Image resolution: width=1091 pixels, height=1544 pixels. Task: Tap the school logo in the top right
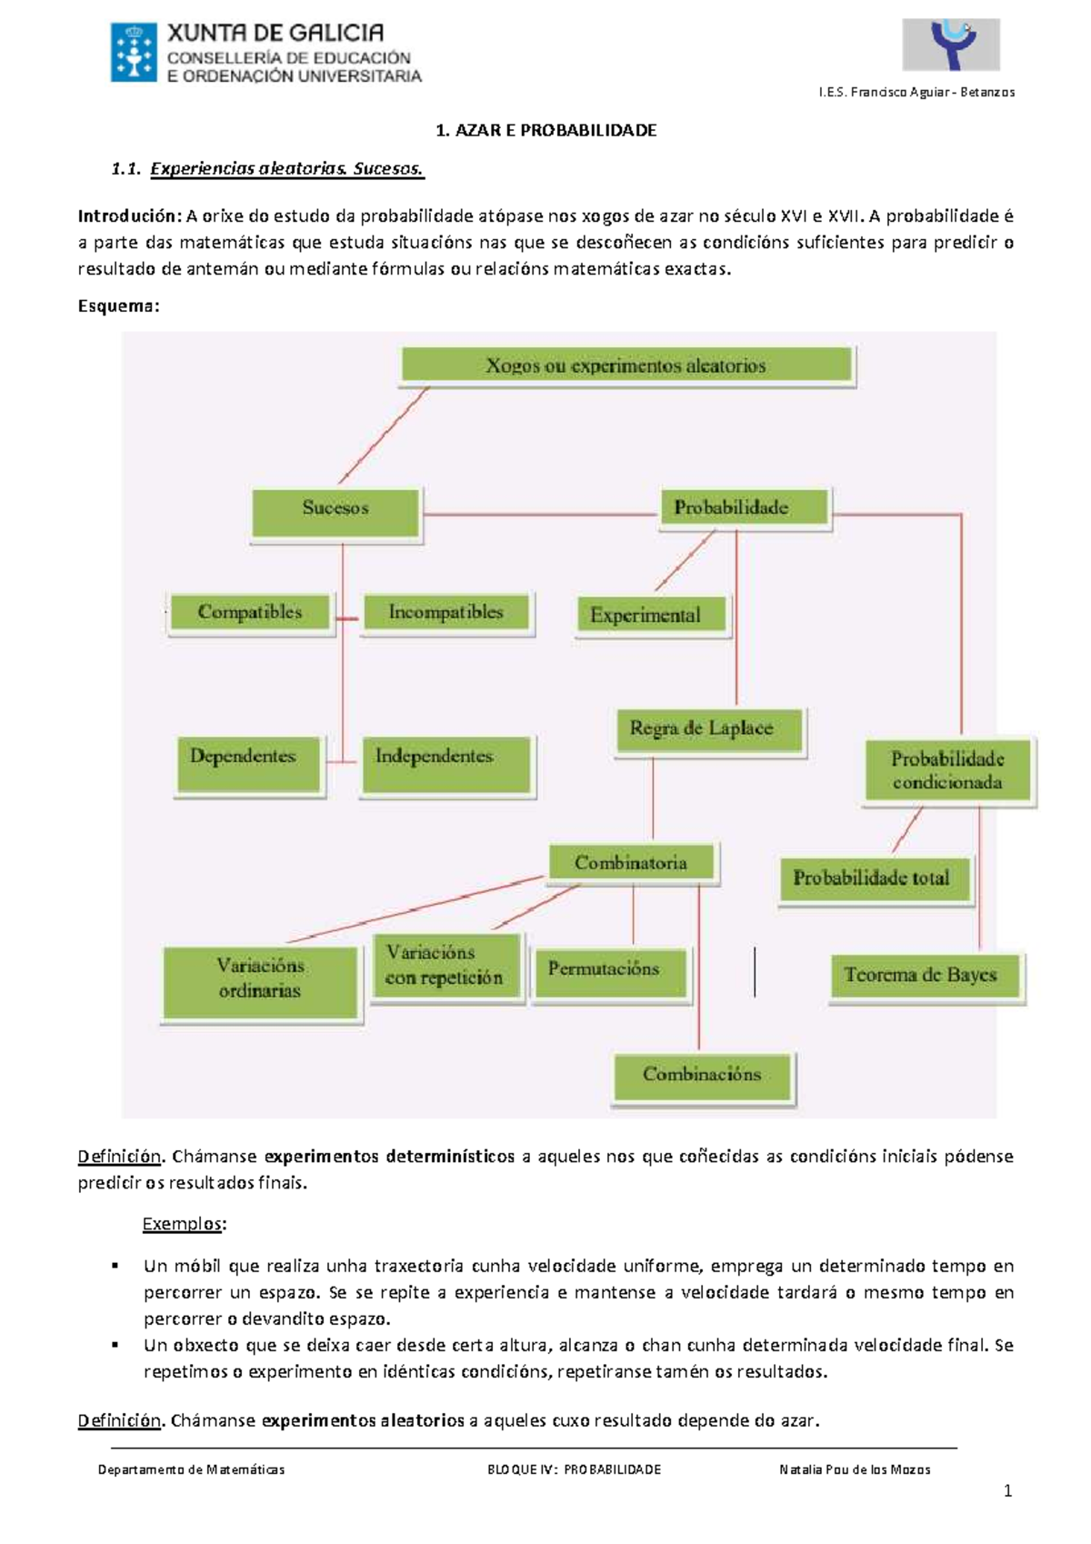[951, 45]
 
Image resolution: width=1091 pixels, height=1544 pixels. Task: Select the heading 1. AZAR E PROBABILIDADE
[545, 130]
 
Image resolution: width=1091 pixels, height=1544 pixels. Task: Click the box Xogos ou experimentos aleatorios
[626, 366]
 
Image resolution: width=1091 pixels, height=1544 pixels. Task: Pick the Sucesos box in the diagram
[335, 509]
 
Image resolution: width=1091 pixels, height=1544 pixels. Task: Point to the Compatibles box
[250, 612]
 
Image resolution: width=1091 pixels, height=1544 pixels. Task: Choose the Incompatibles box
[445, 612]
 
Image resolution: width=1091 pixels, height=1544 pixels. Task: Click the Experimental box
[646, 615]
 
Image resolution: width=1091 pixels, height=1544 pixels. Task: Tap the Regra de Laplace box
[702, 729]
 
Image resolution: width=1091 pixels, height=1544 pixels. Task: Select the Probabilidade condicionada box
[947, 770]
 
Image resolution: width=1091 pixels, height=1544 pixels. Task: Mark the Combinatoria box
[631, 863]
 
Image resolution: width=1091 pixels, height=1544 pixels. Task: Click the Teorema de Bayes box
[921, 975]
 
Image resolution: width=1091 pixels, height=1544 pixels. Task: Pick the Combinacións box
[702, 1075]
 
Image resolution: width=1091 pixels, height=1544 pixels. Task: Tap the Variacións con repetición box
[444, 966]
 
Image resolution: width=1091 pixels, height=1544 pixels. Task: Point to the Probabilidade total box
[871, 878]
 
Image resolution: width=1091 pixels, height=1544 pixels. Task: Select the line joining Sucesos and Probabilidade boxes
[541, 515]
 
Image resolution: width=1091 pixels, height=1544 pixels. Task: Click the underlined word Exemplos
[182, 1224]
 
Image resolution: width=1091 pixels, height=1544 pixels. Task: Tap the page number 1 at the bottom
[1007, 1490]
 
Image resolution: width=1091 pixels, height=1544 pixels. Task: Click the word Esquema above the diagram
[117, 306]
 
